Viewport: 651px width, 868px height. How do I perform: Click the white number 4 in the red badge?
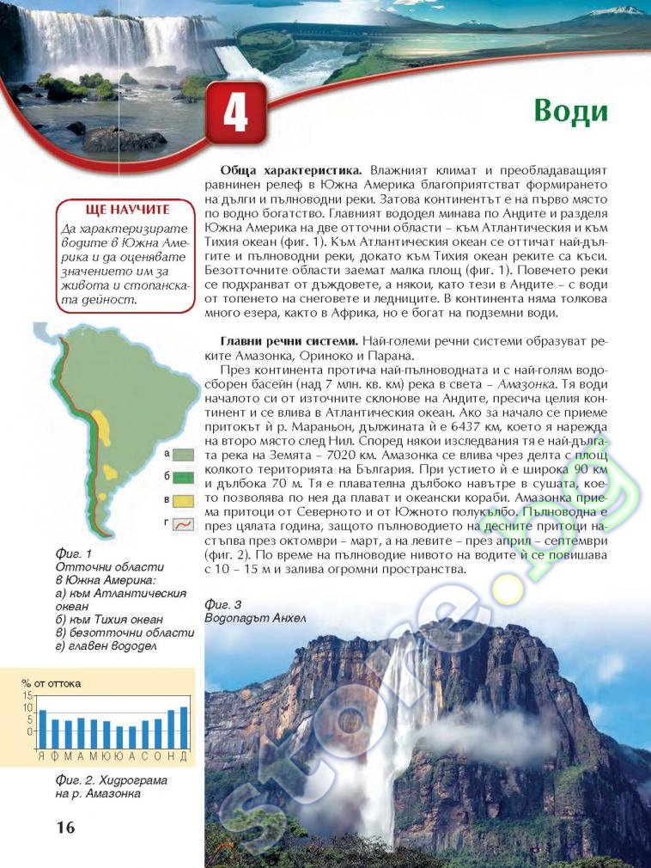pyautogui.click(x=235, y=113)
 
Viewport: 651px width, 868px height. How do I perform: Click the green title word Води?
pyautogui.click(x=570, y=111)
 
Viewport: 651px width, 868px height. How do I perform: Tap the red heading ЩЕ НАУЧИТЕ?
pyautogui.click(x=128, y=210)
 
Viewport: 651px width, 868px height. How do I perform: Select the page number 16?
pyautogui.click(x=65, y=828)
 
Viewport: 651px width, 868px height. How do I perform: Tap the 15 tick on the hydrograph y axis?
pyautogui.click(x=27, y=694)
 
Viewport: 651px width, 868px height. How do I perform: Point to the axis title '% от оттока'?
pyautogui.click(x=52, y=683)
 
